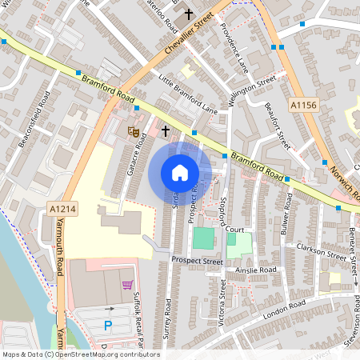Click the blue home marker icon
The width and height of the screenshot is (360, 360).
tap(180, 172)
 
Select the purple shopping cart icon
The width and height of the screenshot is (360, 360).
tap(126, 284)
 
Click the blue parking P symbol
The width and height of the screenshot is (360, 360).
tap(108, 325)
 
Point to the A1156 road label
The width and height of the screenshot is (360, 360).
tap(304, 105)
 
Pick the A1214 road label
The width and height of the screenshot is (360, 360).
tap(63, 209)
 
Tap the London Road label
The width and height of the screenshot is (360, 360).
tap(284, 307)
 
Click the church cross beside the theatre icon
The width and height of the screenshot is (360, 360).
tap(166, 130)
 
